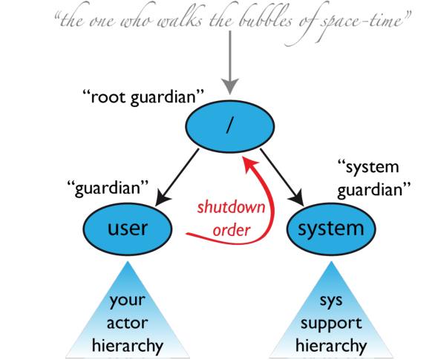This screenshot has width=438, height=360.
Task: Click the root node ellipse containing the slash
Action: [230, 126]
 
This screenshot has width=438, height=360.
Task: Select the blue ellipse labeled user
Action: [128, 229]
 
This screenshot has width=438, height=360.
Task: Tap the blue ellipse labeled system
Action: [331, 229]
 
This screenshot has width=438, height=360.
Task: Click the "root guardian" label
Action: [143, 97]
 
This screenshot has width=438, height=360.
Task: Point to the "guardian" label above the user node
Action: [108, 188]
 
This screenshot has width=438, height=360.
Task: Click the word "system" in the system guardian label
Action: [368, 168]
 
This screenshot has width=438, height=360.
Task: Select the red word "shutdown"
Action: [232, 207]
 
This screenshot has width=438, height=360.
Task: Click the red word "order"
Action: [232, 230]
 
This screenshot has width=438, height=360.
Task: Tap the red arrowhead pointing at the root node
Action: [250, 164]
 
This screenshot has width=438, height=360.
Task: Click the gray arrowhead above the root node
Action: [230, 86]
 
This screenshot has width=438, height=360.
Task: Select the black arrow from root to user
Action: [177, 177]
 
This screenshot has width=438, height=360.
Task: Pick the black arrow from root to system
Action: [282, 177]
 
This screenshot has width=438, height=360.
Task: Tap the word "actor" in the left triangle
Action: [128, 323]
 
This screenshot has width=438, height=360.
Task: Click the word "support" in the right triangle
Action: [331, 324]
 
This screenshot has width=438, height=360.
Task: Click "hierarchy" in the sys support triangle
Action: [331, 347]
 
